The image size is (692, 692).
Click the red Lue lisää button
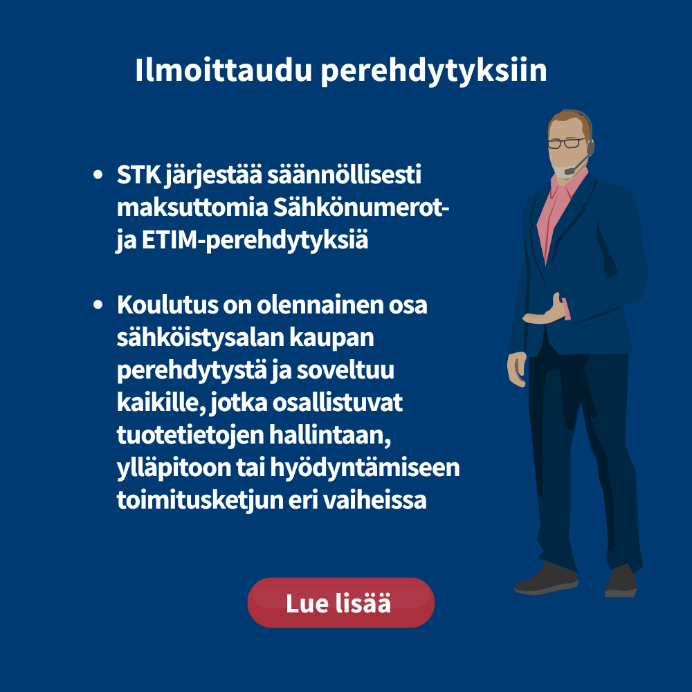tap(340, 603)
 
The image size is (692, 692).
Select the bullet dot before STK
tap(98, 175)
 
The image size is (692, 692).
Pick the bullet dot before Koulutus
tap(98, 304)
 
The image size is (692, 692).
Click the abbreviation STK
tap(138, 175)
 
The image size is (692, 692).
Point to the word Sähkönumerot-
tap(361, 207)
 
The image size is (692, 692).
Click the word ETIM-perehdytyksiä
tap(255, 241)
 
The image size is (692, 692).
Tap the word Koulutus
tap(167, 304)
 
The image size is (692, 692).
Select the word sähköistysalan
tap(201, 338)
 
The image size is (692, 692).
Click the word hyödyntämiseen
tap(365, 468)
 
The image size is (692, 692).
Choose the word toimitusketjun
tap(200, 500)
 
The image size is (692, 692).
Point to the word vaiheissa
tap(374, 500)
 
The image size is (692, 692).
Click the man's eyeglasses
tap(566, 143)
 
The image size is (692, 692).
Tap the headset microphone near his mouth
tap(576, 164)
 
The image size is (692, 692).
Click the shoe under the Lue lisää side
tap(545, 579)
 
